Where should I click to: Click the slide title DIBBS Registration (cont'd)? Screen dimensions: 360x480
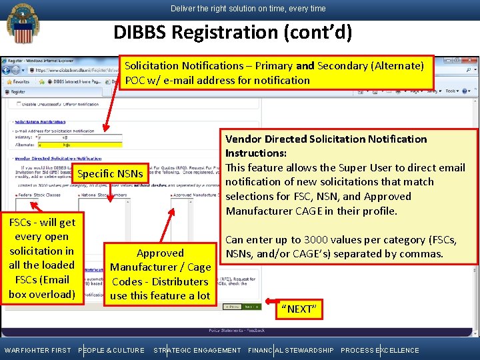click(x=233, y=32)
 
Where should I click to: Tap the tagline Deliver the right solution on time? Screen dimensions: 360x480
click(x=248, y=9)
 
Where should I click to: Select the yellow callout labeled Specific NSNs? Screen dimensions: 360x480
click(x=110, y=174)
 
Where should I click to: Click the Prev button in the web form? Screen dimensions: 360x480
click(x=232, y=307)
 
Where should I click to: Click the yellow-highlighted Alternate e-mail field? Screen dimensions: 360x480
click(x=80, y=143)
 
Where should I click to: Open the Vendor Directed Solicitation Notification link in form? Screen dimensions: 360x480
click(x=53, y=159)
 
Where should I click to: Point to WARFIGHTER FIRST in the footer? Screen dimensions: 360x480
click(x=37, y=350)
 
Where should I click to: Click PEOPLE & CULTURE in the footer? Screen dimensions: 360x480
click(x=111, y=350)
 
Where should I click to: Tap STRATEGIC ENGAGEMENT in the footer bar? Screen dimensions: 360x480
click(x=197, y=350)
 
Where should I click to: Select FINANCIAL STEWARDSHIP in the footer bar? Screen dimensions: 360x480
click(x=291, y=350)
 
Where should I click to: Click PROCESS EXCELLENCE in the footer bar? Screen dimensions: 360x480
click(x=380, y=350)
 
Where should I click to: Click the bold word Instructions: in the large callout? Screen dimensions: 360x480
click(x=256, y=153)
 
